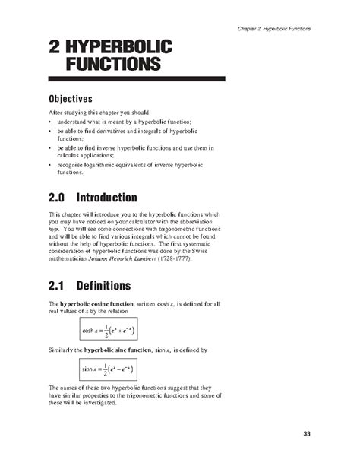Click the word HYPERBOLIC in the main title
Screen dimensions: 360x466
(x=119, y=47)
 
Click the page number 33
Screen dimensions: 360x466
(x=307, y=433)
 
